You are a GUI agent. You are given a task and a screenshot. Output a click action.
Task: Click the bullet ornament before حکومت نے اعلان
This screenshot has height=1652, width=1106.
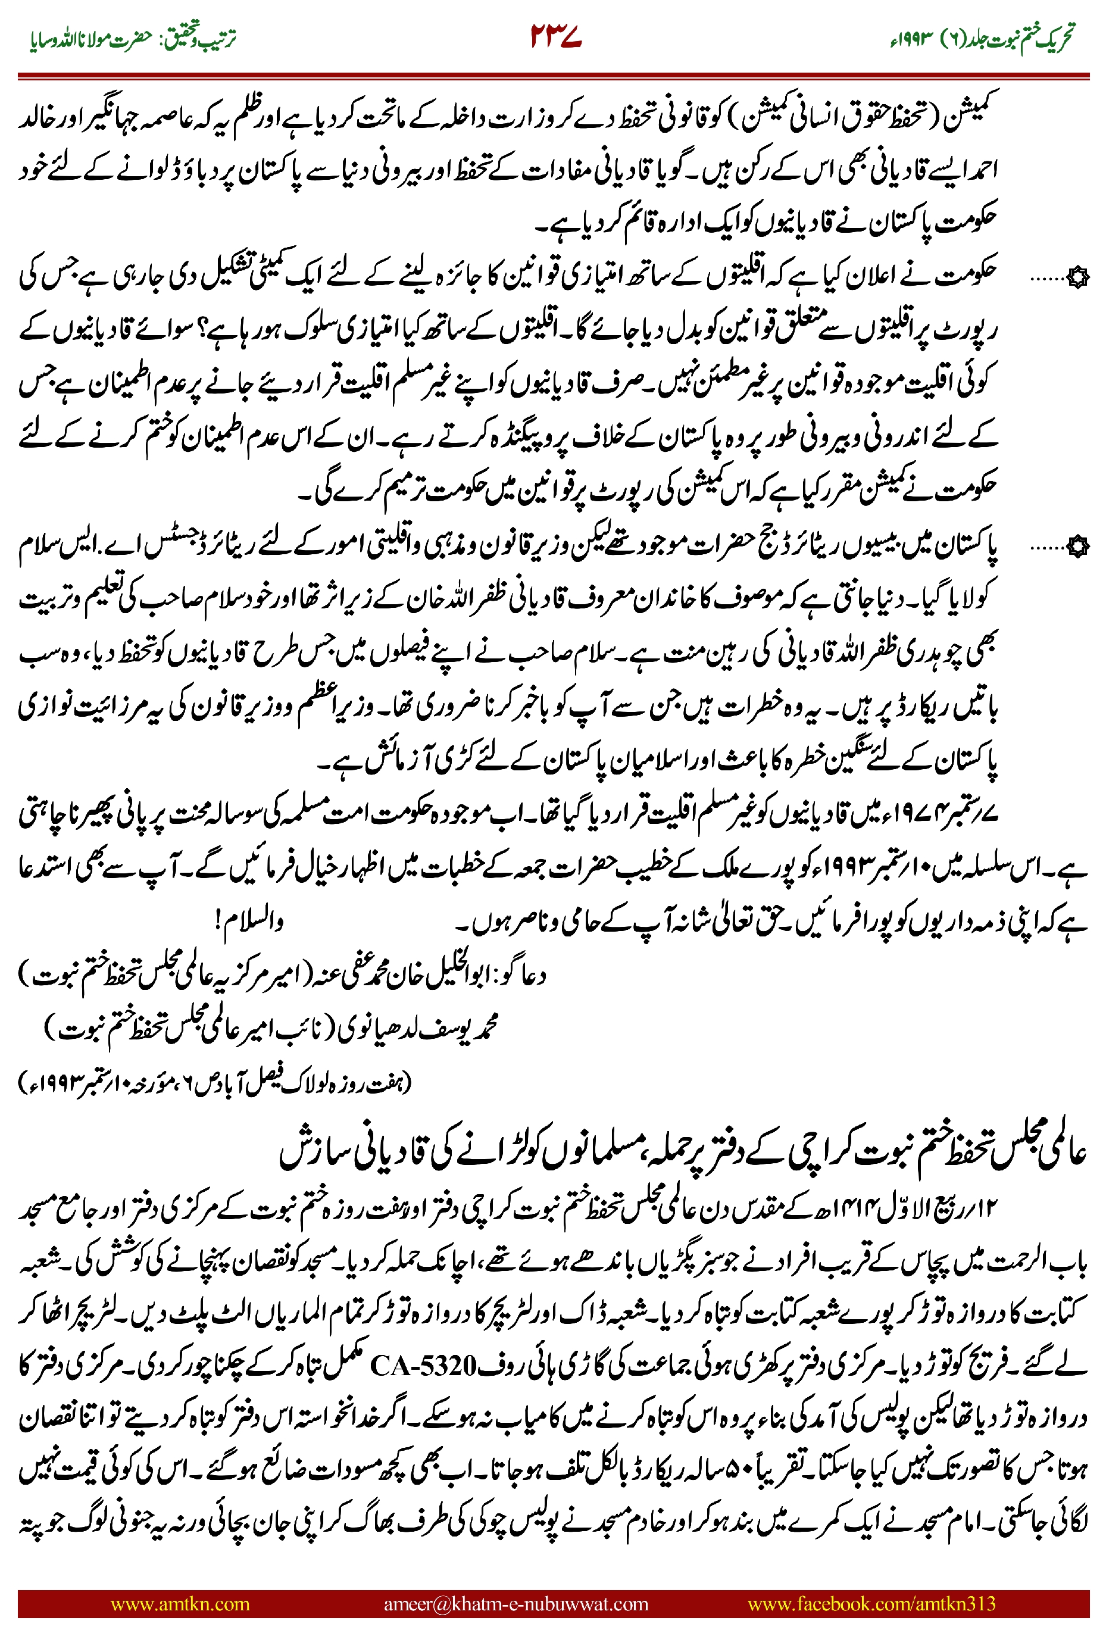click(x=1077, y=279)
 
